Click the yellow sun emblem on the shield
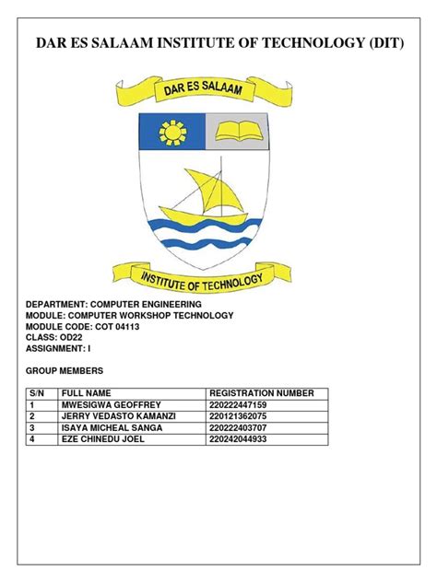click(x=171, y=135)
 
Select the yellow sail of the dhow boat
click(x=207, y=191)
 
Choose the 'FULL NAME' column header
click(x=86, y=393)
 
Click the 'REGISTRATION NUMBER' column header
click(x=262, y=393)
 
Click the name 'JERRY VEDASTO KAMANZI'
click(x=117, y=416)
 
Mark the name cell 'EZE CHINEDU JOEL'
click(x=102, y=439)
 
